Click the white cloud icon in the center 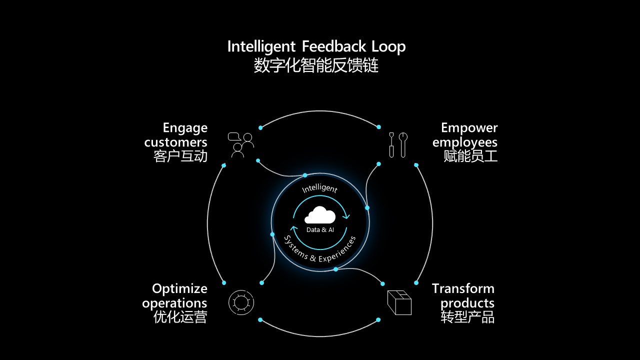click(x=320, y=215)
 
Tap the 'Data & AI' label click(x=320, y=229)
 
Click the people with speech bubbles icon click(x=240, y=144)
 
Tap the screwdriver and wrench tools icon click(x=398, y=144)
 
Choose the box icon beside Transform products click(x=399, y=302)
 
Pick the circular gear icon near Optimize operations click(x=241, y=302)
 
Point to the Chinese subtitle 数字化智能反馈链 click(x=316, y=65)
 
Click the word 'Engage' click(x=185, y=128)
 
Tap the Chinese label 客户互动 click(x=180, y=156)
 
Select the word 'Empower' click(x=469, y=128)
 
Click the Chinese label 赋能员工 click(x=470, y=156)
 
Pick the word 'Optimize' click(x=179, y=288)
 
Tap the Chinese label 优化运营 click(x=180, y=317)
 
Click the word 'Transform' click(x=463, y=288)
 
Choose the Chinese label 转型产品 click(x=467, y=317)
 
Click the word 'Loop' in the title click(x=388, y=46)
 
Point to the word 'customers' click(x=175, y=142)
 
